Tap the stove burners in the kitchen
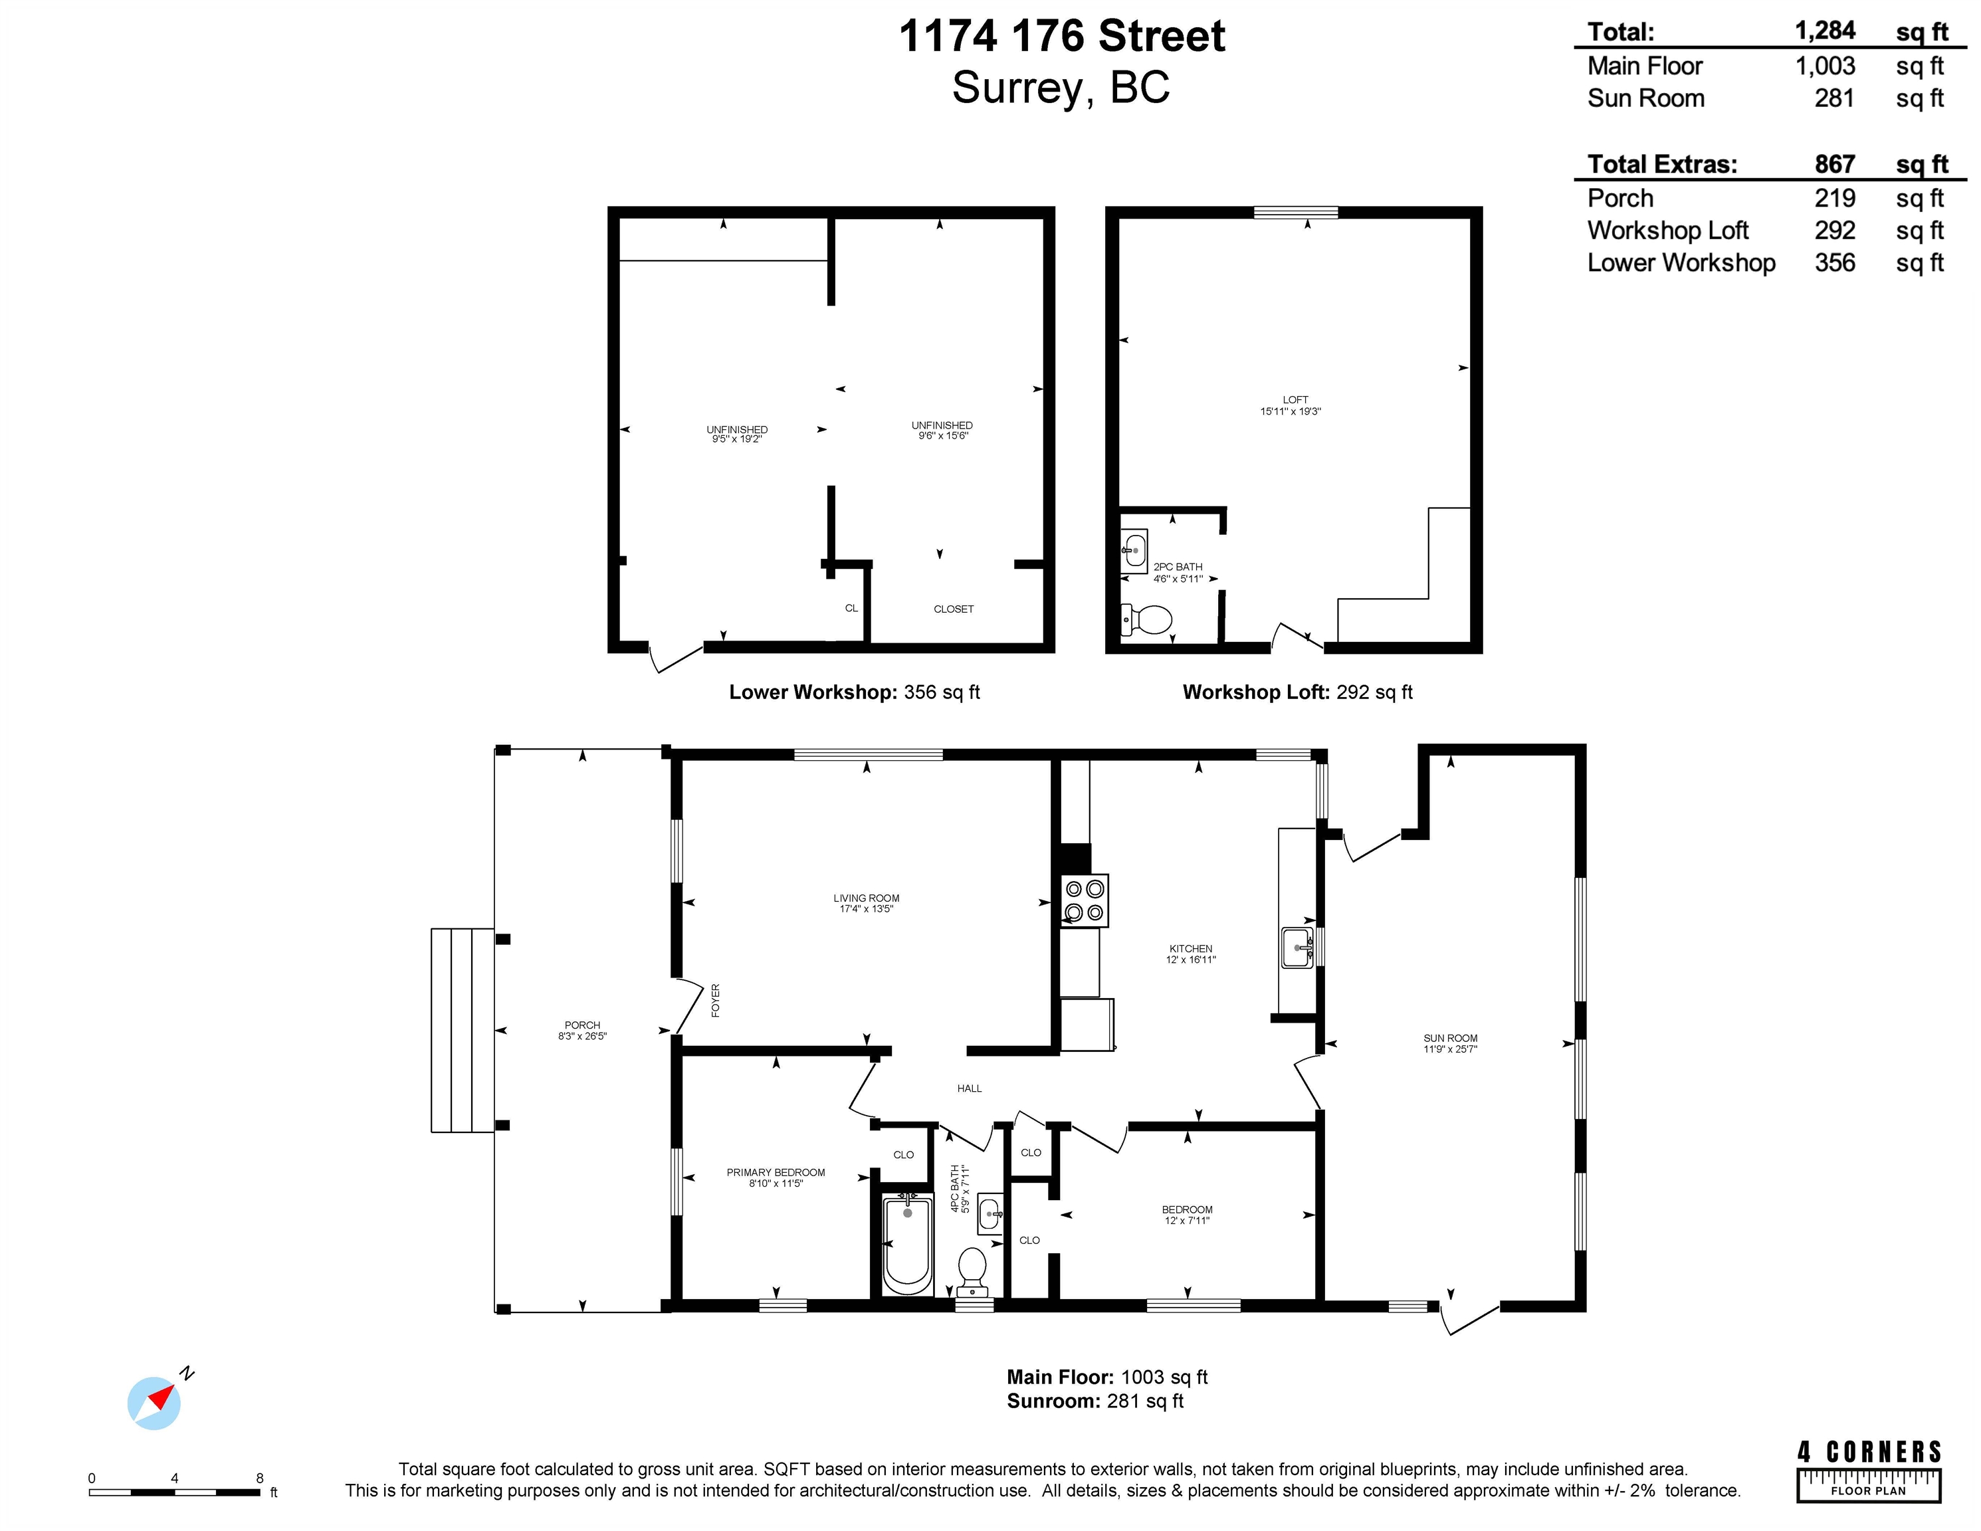pos(1084,900)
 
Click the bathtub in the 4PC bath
pos(907,1243)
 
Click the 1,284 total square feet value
pos(1825,31)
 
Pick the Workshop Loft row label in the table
pos(1668,231)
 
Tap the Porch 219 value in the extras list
pos(1835,198)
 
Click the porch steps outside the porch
pos(463,1031)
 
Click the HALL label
pos(969,1088)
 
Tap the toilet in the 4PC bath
pos(972,1272)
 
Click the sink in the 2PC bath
pos(1134,550)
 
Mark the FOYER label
pos(716,1001)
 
